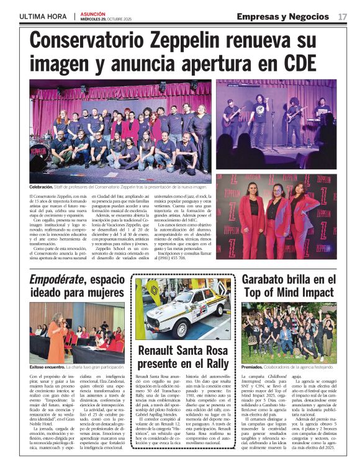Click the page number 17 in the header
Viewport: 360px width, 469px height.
pos(343,16)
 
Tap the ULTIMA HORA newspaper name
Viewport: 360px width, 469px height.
pos(42,16)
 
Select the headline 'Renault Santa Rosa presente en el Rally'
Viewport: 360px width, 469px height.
pos(182,358)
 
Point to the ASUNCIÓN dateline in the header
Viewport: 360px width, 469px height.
pos(93,13)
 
